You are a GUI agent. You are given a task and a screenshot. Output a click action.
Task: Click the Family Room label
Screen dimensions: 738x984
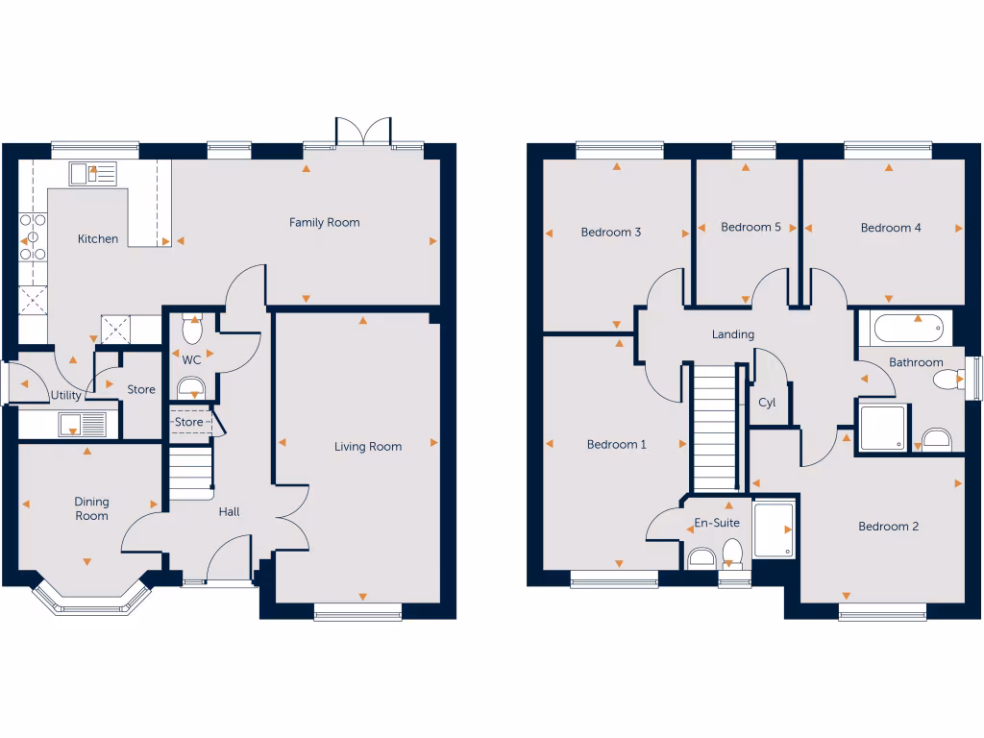point(325,223)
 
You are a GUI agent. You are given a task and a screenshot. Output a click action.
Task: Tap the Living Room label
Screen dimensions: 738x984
point(368,447)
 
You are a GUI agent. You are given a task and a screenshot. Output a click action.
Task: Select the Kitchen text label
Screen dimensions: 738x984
point(98,239)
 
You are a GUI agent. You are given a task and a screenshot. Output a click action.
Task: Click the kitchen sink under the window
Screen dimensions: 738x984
point(92,174)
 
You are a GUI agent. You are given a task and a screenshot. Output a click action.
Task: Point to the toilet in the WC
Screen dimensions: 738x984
point(191,329)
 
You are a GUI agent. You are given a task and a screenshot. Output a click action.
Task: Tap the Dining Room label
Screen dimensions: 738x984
point(92,509)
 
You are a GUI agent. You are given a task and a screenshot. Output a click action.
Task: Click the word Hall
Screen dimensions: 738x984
point(229,512)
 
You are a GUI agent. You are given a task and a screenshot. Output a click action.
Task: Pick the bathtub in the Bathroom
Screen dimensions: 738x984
point(908,329)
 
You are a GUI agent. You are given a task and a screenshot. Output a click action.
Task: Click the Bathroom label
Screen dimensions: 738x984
point(916,363)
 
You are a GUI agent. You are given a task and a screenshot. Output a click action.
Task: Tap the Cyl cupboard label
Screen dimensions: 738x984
point(767,404)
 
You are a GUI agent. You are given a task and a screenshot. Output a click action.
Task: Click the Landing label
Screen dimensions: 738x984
point(732,335)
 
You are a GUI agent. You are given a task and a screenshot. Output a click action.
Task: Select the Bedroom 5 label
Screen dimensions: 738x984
point(750,228)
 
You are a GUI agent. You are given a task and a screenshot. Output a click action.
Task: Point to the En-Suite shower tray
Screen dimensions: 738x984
point(775,529)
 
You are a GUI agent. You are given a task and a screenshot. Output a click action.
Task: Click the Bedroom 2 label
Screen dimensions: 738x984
point(888,527)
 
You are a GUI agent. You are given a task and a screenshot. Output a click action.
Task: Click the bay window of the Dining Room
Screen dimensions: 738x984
point(93,598)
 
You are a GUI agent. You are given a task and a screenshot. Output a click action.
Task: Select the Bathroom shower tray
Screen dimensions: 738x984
point(882,428)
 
